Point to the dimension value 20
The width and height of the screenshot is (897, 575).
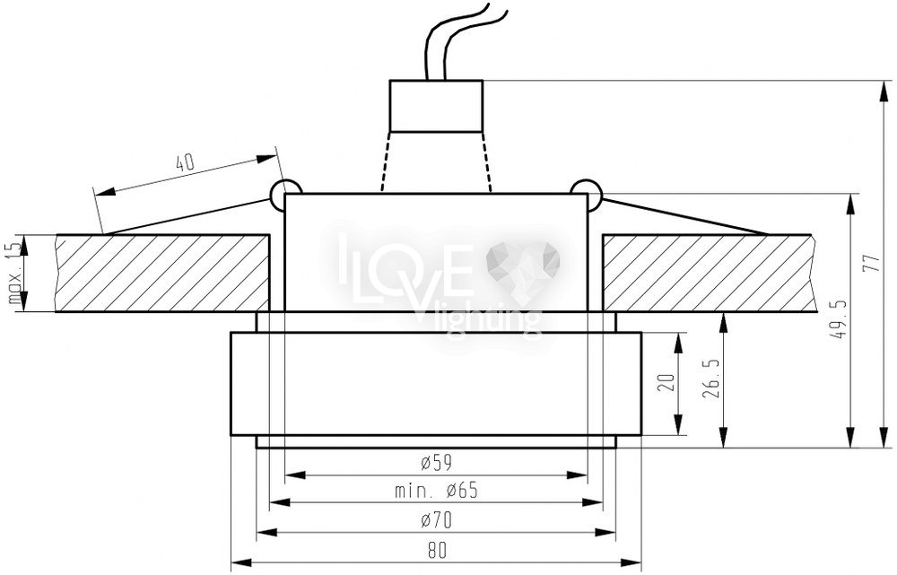point(666,382)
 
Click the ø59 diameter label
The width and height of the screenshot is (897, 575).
point(437,462)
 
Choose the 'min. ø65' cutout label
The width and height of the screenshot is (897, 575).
point(437,491)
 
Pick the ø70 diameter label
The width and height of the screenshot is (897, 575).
point(437,520)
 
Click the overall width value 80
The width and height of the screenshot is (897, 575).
point(437,550)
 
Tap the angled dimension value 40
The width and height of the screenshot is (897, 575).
point(185,163)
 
